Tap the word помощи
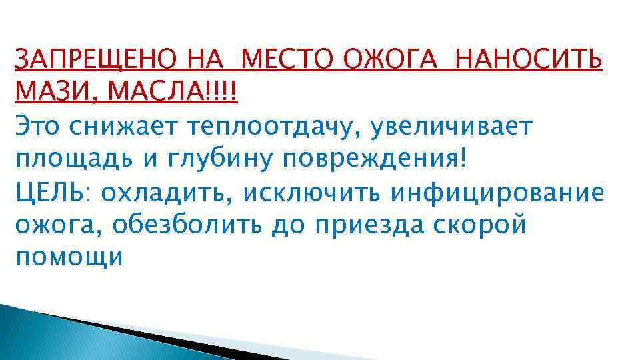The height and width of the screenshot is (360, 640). click(69, 258)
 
